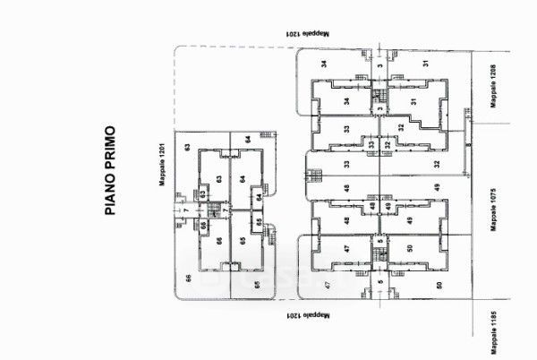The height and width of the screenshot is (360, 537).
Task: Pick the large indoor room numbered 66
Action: click(x=218, y=241)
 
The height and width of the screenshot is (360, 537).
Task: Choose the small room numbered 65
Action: click(x=258, y=222)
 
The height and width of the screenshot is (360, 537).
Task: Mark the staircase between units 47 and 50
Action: click(x=379, y=256)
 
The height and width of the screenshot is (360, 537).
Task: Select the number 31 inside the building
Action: click(x=413, y=101)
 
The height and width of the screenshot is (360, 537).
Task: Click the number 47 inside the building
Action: click(x=345, y=249)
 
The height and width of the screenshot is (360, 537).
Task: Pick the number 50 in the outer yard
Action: click(x=439, y=286)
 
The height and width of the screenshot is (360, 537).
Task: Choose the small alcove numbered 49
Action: click(x=388, y=207)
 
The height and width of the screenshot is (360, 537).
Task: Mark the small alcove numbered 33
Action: click(x=370, y=143)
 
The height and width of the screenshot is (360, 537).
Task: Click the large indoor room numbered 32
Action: click(x=402, y=126)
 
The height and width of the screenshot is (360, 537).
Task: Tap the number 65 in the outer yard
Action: click(x=257, y=286)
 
